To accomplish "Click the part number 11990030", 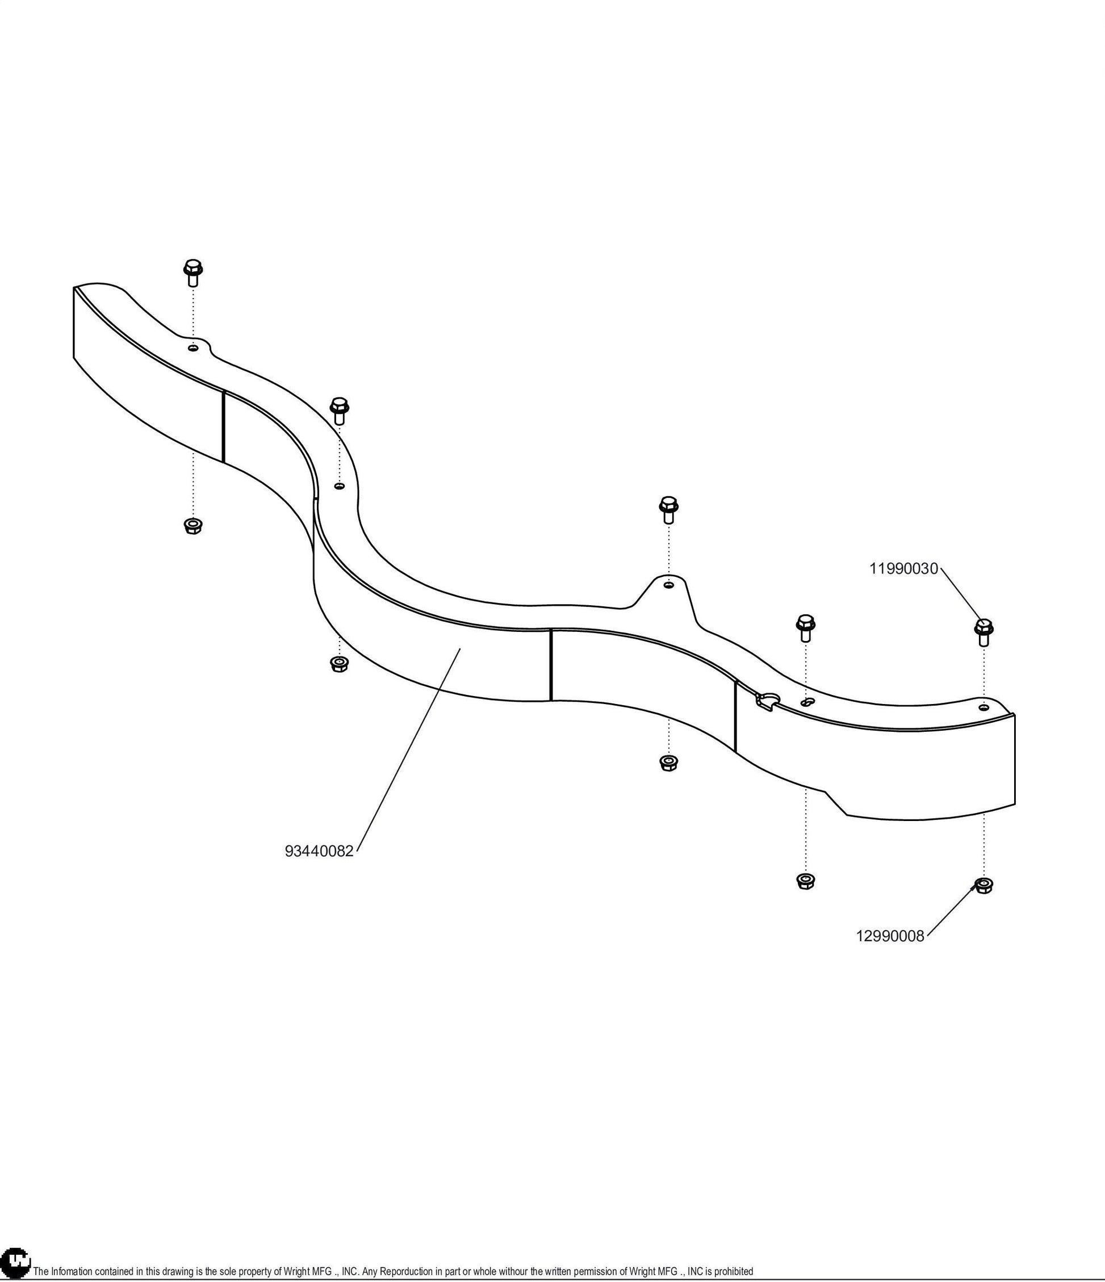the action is click(x=904, y=568).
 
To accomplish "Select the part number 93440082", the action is click(x=319, y=851).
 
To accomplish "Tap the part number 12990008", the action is click(x=890, y=936).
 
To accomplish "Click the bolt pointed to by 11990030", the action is click(x=983, y=632).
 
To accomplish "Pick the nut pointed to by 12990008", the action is click(x=983, y=885).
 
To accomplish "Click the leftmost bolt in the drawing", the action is click(x=193, y=273).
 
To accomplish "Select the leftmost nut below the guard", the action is click(x=193, y=526).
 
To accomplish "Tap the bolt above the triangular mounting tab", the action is click(x=669, y=509).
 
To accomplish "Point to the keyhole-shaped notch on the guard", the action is click(x=766, y=702).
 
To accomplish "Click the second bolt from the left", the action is click(x=339, y=410).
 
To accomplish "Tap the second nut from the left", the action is click(x=338, y=664).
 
